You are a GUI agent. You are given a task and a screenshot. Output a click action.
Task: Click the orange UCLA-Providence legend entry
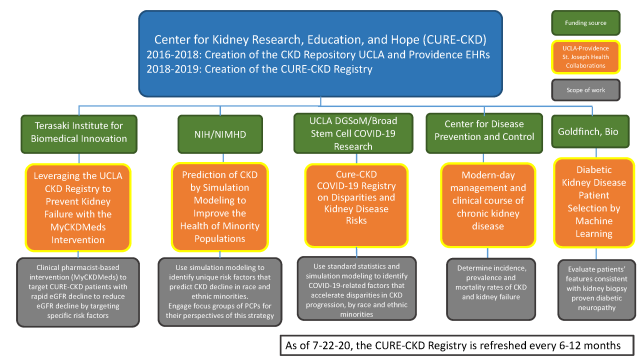597,55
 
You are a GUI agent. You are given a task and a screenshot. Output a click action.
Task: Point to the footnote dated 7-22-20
459,344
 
